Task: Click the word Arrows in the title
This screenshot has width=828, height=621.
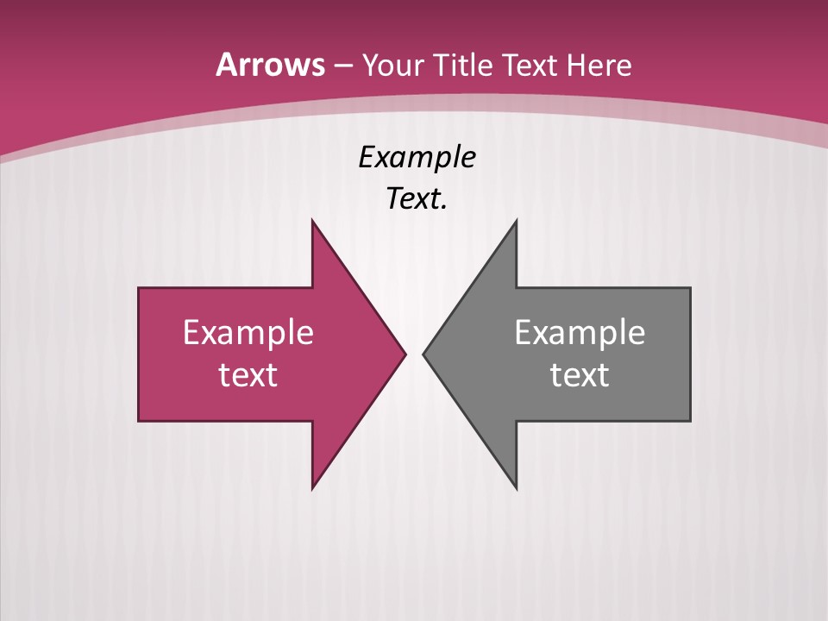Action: (269, 65)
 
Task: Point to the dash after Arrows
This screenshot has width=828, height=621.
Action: (342, 66)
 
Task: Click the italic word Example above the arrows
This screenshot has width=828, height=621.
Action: (417, 158)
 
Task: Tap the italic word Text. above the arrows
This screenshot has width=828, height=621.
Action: (417, 199)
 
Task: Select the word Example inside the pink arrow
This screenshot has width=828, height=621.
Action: (248, 333)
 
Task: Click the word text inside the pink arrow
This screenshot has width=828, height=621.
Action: (248, 375)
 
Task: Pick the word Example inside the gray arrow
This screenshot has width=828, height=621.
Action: (580, 333)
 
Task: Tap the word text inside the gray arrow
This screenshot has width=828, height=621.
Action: (580, 375)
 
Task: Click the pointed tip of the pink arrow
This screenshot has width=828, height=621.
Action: (405, 354)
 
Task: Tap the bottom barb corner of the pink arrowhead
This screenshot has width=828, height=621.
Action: (312, 489)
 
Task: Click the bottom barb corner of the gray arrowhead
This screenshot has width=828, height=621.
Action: (516, 489)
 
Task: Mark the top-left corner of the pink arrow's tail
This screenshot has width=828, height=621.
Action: (139, 288)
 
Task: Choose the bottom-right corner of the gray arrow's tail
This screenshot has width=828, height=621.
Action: (690, 421)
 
